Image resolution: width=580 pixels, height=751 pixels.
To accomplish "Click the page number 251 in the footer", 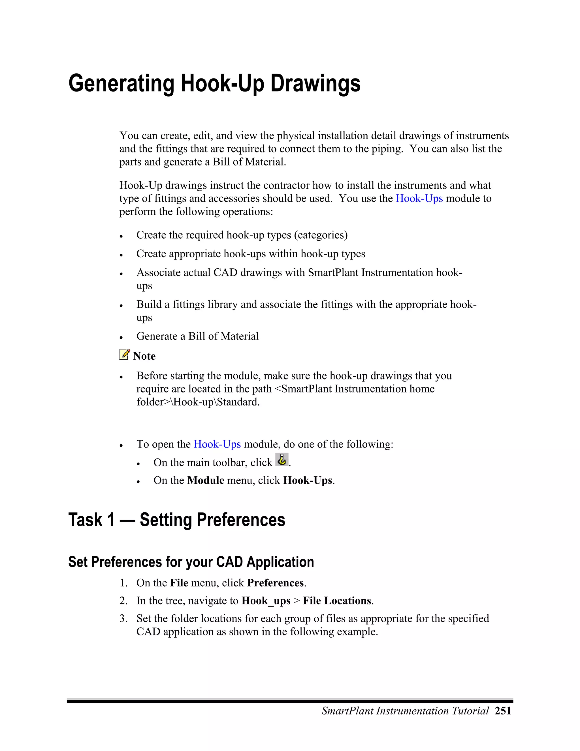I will [503, 711].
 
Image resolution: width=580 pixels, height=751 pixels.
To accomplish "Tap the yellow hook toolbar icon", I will [282, 460].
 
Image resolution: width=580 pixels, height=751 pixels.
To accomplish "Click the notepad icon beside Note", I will [124, 354].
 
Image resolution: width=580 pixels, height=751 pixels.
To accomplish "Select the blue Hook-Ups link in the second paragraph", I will [419, 198].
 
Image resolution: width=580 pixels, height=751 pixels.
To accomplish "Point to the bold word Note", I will [144, 356].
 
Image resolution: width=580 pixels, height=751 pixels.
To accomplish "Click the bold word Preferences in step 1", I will [276, 583].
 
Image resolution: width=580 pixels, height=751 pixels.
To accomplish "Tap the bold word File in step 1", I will [179, 583].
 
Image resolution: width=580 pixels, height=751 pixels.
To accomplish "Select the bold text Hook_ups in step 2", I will [266, 601].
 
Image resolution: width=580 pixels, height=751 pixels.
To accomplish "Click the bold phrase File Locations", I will [337, 601].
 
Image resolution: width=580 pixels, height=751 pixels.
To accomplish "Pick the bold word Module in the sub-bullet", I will [206, 480].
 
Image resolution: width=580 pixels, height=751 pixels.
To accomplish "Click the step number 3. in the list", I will [123, 619].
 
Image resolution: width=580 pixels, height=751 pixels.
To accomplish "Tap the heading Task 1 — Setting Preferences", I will [177, 520].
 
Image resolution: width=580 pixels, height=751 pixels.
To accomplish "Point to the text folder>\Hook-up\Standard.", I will [198, 402].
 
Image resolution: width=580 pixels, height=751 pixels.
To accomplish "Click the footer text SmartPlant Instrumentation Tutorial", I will [405, 711].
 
